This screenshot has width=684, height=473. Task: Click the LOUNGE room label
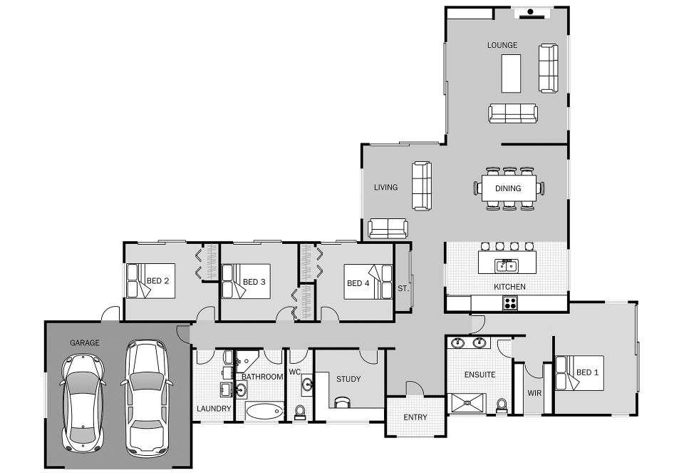point(502,45)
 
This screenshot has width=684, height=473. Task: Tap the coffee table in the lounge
point(511,73)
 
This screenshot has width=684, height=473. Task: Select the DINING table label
point(508,188)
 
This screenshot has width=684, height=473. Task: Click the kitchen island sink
point(506,265)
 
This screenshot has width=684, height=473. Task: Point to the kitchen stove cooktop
point(510,302)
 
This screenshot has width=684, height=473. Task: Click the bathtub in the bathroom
point(264,411)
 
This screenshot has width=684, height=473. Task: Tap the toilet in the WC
point(300,412)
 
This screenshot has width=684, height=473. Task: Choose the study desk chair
point(342,402)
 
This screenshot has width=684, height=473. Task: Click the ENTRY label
point(415,417)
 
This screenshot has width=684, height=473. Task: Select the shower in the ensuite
point(467,402)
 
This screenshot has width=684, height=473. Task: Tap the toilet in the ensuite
point(501,405)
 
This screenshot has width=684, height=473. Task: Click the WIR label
point(534,393)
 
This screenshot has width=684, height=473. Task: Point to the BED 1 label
point(587,372)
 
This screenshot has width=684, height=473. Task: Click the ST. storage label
point(403,288)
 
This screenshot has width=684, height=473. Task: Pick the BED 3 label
point(254,282)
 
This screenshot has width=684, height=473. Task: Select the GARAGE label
point(85,343)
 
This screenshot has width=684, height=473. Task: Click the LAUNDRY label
point(214,408)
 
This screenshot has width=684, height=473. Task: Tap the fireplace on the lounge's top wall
point(532,14)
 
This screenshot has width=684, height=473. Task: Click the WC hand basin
point(308,385)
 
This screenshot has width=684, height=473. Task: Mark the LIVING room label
point(385,188)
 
